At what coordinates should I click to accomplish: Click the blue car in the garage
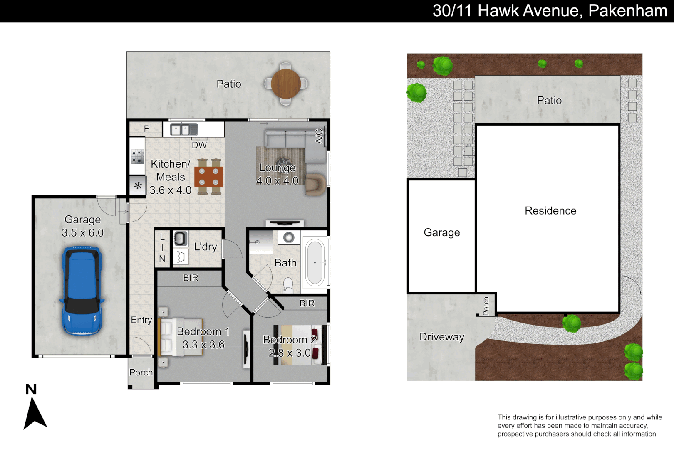click(x=82, y=290)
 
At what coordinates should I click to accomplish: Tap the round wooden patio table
click(x=286, y=84)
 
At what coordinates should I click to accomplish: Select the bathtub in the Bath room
click(x=315, y=262)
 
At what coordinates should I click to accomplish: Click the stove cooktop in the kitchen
click(x=137, y=157)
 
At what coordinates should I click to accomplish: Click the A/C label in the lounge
click(x=319, y=136)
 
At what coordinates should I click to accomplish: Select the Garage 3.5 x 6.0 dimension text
click(x=82, y=233)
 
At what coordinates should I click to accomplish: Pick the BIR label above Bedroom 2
click(x=307, y=303)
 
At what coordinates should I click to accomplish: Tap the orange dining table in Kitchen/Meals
click(x=209, y=177)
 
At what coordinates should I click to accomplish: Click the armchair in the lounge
click(x=315, y=184)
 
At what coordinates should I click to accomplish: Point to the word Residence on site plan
click(x=550, y=211)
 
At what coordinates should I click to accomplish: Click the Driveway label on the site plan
click(x=441, y=337)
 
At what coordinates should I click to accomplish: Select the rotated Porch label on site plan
click(x=486, y=306)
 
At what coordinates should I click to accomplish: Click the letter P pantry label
click(x=146, y=129)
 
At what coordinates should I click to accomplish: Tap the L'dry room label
click(x=206, y=247)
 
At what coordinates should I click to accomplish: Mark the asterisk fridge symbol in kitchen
click(x=138, y=186)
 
